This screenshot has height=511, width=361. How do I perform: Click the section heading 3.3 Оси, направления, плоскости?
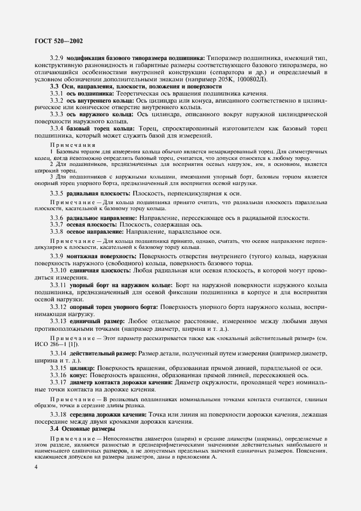135,87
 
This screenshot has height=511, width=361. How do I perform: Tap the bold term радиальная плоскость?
100,193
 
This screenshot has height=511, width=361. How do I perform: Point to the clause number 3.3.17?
59,383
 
